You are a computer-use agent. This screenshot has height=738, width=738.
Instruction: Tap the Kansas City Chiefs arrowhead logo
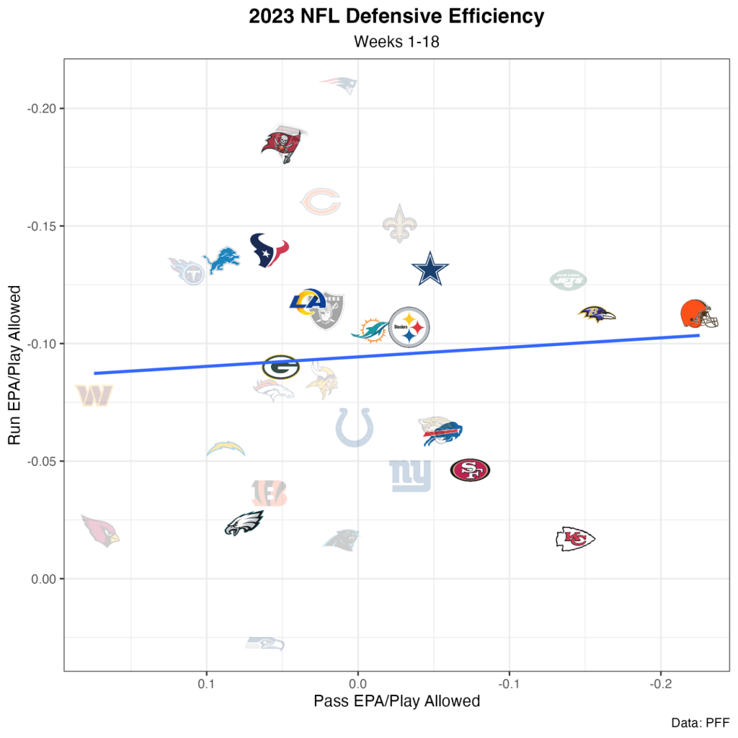575,538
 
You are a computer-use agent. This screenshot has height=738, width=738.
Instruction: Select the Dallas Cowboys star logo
430,270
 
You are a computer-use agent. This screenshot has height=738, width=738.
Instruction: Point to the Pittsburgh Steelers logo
409,327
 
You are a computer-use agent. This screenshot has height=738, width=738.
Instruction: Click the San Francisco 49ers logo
470,471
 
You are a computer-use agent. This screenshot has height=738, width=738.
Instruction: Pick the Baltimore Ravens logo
597,314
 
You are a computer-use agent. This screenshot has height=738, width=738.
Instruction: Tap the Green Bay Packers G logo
280,367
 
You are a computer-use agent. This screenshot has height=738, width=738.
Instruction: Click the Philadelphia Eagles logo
244,523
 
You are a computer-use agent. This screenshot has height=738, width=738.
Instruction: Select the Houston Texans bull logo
269,250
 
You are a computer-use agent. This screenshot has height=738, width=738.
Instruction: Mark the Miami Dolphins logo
369,330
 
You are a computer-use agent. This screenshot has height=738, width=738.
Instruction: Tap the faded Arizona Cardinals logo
99,530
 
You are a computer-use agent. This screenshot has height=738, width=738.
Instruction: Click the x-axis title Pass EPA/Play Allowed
396,701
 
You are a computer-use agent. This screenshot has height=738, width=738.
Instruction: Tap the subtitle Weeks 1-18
396,42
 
